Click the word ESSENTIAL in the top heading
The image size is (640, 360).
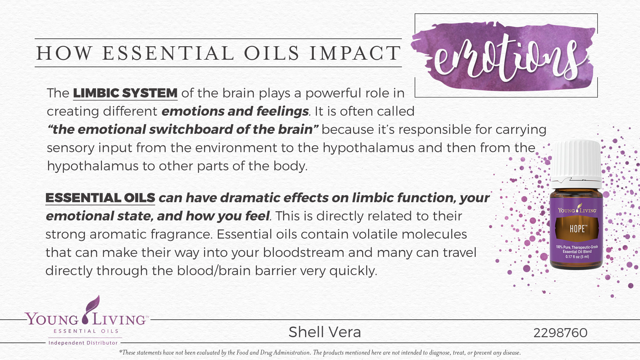point(168,53)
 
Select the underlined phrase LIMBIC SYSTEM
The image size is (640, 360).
point(125,93)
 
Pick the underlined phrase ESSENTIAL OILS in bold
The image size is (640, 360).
point(100,198)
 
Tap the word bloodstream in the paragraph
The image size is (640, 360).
point(303,252)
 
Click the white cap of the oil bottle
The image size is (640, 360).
point(576,159)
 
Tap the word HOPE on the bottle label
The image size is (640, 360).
point(577,229)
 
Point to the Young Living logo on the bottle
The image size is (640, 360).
point(577,210)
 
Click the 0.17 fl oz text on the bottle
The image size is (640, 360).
point(577,257)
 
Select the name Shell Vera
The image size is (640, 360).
point(325,332)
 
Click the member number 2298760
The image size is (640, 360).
point(560,333)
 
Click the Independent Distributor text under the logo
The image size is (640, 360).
point(83,343)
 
